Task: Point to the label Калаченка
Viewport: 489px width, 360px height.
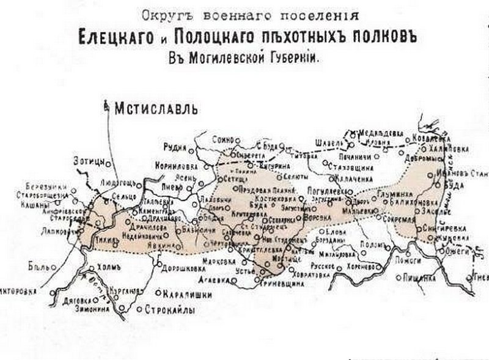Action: (x=353, y=178)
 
